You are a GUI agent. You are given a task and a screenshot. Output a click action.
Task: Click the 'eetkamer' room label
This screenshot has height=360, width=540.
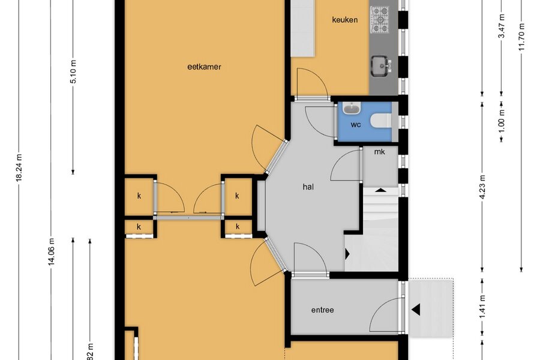pyautogui.click(x=204, y=67)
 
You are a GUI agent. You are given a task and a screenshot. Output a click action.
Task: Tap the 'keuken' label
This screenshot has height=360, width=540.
pyautogui.click(x=345, y=20)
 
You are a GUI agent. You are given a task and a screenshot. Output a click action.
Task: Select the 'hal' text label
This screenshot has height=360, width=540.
pyautogui.click(x=308, y=187)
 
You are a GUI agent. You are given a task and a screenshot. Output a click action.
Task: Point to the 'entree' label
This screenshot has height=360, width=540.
pyautogui.click(x=323, y=310)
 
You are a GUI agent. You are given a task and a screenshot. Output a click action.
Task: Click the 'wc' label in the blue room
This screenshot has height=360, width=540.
pyautogui.click(x=356, y=124)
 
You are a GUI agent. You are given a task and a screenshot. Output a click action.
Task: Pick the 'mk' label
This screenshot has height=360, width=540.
pyautogui.click(x=380, y=152)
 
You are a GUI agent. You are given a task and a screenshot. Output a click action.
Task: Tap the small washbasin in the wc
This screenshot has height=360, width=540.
pyautogui.click(x=352, y=109)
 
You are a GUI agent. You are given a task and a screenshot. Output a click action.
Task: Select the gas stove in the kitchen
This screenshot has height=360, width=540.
pyautogui.click(x=380, y=20)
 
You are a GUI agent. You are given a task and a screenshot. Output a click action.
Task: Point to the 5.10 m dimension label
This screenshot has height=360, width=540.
pyautogui.click(x=73, y=71)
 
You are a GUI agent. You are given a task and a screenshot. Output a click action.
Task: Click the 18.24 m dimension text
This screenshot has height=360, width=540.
pyautogui.click(x=19, y=167)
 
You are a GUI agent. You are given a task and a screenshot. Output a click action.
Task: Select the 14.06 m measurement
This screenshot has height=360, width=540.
pyautogui.click(x=52, y=252)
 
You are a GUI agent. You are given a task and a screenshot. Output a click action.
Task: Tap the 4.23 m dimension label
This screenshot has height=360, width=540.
pyautogui.click(x=482, y=187)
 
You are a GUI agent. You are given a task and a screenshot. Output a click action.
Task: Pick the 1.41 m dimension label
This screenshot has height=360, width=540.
pyautogui.click(x=482, y=307)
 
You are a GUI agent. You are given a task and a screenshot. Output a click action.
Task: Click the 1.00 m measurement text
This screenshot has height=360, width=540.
pyautogui.click(x=502, y=121)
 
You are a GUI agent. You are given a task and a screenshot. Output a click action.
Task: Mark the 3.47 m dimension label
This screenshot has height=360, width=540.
pyautogui.click(x=502, y=26)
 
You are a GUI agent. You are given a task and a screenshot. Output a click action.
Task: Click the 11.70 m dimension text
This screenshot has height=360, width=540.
pyautogui.click(x=521, y=37)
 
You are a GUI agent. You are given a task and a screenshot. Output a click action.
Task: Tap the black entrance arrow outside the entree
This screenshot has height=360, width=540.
pyautogui.click(x=416, y=310)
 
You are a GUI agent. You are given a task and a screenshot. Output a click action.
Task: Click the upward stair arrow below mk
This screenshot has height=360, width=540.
pyautogui.click(x=380, y=190)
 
